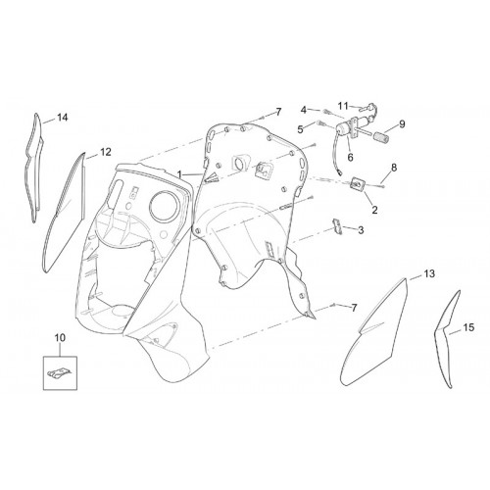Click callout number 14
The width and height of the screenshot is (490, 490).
point(63,118)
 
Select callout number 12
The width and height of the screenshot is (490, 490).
point(106,152)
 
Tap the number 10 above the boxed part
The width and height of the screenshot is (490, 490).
point(60,338)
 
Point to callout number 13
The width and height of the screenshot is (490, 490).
point(429,273)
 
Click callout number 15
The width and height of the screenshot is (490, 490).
point(468,327)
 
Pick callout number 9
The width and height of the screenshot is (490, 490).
point(402,124)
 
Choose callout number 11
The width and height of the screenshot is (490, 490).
point(343,106)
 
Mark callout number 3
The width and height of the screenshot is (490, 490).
point(361,230)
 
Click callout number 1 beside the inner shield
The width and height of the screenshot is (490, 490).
point(179,174)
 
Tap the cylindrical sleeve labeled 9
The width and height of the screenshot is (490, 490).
point(381,137)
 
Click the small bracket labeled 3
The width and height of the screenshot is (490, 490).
point(337,226)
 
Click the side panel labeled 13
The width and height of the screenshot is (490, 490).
point(375,336)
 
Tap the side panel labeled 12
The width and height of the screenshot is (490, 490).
point(66,213)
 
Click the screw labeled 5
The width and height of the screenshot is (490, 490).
point(320,123)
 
